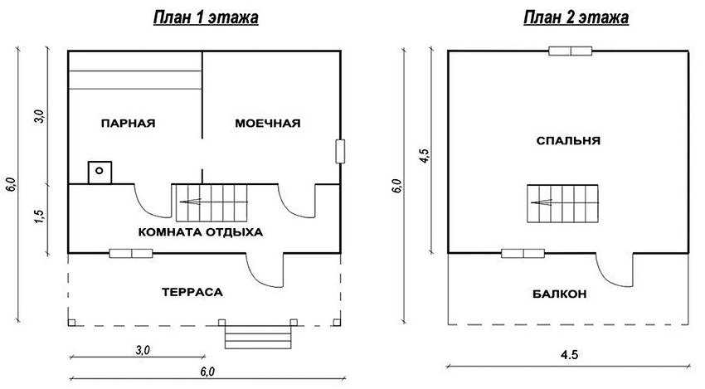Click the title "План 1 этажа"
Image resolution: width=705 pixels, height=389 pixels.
[206, 18]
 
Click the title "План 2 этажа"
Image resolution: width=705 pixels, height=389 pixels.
[576, 18]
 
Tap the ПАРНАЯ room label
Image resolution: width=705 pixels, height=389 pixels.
[128, 124]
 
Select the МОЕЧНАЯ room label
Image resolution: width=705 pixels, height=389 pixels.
[268, 124]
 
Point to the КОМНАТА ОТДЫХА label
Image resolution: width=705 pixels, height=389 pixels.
[200, 232]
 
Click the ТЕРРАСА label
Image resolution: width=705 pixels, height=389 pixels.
[192, 292]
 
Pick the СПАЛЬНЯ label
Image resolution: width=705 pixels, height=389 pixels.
[568, 141]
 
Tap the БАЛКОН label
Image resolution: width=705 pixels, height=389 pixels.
[560, 294]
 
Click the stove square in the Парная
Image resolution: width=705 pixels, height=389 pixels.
[100, 173]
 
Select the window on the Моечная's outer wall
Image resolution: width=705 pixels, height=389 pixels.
[340, 151]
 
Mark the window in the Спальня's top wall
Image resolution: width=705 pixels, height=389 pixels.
[570, 51]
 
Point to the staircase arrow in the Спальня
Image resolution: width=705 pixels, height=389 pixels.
[542, 202]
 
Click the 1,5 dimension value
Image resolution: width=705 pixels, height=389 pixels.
[40, 217]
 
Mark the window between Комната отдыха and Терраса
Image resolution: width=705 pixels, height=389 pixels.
[131, 254]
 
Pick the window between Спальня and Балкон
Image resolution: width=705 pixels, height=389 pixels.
[523, 254]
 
